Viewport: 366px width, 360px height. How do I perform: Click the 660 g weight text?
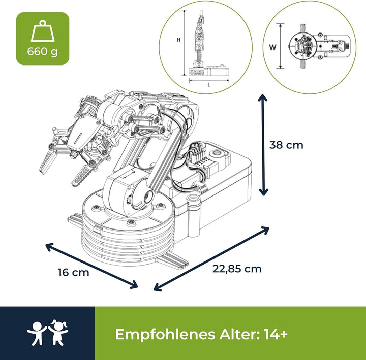coord(43,52)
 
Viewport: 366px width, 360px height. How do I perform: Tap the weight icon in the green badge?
coord(43,31)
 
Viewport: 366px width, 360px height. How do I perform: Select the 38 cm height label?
coord(286,145)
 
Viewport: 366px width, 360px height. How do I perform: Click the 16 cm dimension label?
coord(74,272)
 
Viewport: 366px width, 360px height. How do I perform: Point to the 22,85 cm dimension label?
coord(237,269)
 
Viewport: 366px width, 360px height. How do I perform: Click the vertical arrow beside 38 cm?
coord(263,145)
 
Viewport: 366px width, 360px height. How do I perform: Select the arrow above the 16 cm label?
coord(91,266)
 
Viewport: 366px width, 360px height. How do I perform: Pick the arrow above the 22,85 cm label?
coord(211,258)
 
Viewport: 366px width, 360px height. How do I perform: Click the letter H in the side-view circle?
coord(178,40)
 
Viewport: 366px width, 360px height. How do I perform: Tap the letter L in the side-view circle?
coord(209,85)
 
